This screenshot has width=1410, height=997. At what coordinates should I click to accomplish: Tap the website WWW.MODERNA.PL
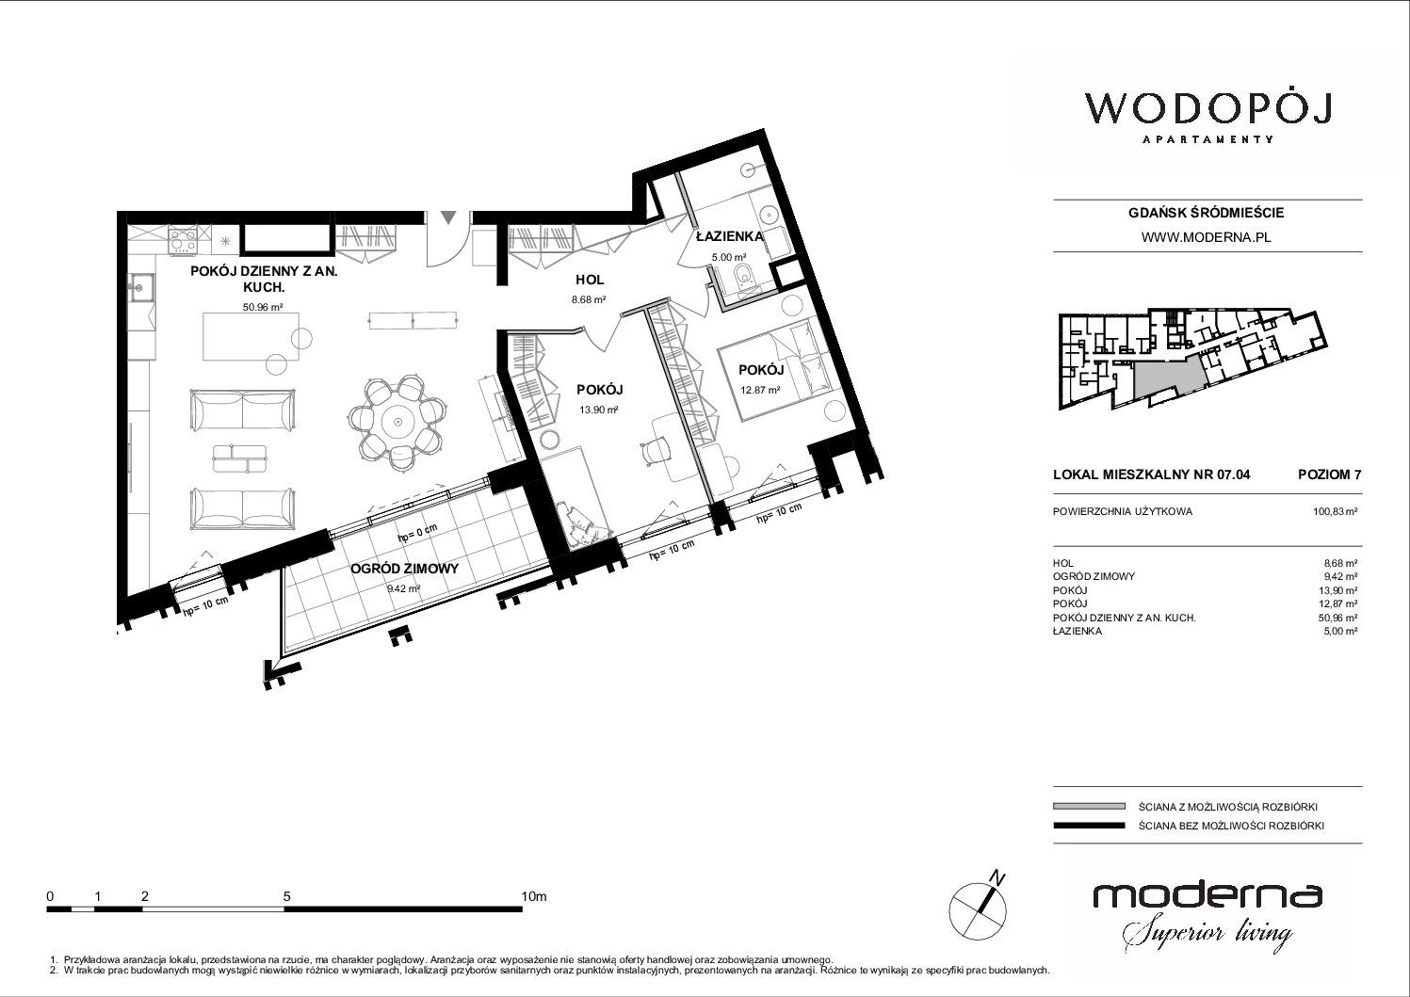[x=1206, y=237]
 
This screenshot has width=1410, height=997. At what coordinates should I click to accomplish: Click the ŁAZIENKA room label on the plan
[x=730, y=236]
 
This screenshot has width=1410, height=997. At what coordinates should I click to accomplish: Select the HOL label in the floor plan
[x=590, y=280]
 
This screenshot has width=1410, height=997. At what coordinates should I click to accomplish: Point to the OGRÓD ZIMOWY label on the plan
[x=404, y=569]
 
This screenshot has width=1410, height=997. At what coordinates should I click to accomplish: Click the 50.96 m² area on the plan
[x=263, y=308]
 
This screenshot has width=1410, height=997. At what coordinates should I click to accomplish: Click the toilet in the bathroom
[x=743, y=276]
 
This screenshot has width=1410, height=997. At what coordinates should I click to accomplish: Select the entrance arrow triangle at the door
[x=448, y=217]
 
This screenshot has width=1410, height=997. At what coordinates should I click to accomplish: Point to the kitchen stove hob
[x=183, y=240]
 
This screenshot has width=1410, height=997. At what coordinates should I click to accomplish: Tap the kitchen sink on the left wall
[x=141, y=288]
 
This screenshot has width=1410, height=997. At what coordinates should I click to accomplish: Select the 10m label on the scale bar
[x=534, y=895]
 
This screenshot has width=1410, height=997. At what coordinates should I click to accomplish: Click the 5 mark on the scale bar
[x=287, y=895]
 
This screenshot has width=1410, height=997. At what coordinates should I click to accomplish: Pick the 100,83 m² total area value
[x=1335, y=511]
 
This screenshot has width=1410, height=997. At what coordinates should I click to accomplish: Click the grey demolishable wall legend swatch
[x=1089, y=806]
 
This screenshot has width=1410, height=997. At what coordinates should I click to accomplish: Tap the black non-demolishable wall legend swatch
[x=1089, y=826]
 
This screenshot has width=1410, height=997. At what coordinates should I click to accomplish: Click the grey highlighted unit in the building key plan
[x=1170, y=378]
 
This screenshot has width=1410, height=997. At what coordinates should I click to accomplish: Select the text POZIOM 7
[x=1329, y=474]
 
